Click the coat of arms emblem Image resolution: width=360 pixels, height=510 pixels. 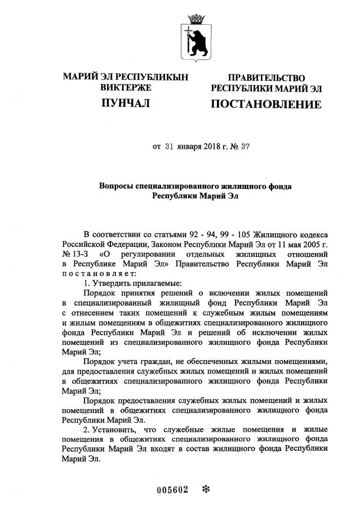(196, 38)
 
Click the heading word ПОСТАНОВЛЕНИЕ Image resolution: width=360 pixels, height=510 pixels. (266, 105)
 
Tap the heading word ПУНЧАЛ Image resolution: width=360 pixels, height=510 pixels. (125, 103)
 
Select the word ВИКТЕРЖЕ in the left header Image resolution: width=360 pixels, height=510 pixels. (125, 88)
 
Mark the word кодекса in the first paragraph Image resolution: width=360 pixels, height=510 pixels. (313, 234)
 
